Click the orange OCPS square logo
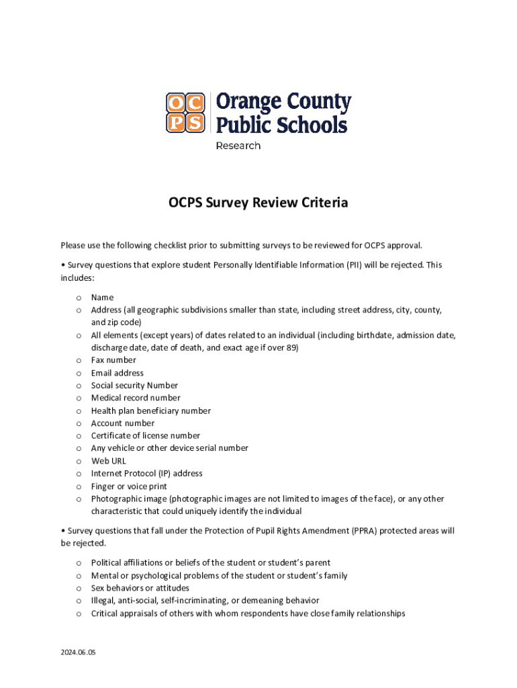pos(186,112)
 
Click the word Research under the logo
pos(238,146)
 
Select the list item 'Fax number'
pos(113,360)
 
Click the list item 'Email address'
pos(117,373)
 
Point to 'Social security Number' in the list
pos(134,386)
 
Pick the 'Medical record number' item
pos(136,398)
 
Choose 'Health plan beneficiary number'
pos(151,411)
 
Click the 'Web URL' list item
pos(109,461)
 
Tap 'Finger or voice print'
pos(130,486)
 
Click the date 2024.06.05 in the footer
pos(79,652)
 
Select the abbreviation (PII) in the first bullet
pos(355,265)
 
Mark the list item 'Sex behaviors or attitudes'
pos(140,588)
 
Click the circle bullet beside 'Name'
pos(79,298)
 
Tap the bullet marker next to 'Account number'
pos(79,423)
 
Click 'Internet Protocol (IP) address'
pos(147,474)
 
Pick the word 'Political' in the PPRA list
pos(107,563)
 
